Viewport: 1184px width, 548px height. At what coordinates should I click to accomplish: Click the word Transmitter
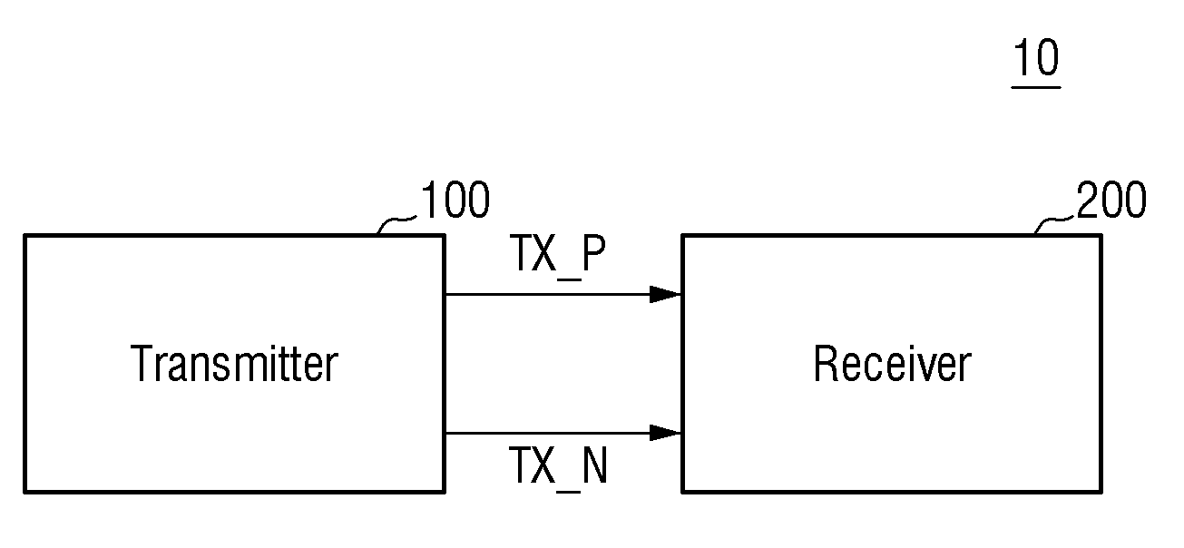pos(234,363)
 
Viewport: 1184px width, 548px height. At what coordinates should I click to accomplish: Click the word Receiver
pos(892,363)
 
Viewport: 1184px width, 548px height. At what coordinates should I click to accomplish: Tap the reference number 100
pos(455,200)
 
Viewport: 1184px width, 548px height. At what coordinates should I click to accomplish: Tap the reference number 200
pos(1111,200)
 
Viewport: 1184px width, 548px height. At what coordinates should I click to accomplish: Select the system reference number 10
pos(1036,57)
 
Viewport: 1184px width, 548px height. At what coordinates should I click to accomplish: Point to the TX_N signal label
pos(558,467)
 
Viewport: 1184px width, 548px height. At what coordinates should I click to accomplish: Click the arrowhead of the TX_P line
pos(665,294)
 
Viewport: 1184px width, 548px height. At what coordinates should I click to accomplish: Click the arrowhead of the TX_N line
pos(665,433)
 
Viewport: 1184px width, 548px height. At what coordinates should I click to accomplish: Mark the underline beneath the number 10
pos(1036,87)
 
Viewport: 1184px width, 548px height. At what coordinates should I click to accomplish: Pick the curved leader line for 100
pos(396,222)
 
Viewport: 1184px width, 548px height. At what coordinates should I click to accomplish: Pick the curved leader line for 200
pos(1054,222)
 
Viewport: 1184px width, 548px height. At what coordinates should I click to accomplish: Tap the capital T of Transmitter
pos(142,363)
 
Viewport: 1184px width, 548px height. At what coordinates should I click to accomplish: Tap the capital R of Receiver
pos(827,363)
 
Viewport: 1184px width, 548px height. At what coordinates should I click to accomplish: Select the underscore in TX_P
pos(569,279)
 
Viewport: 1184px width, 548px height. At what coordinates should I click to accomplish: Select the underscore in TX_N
pos(569,491)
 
